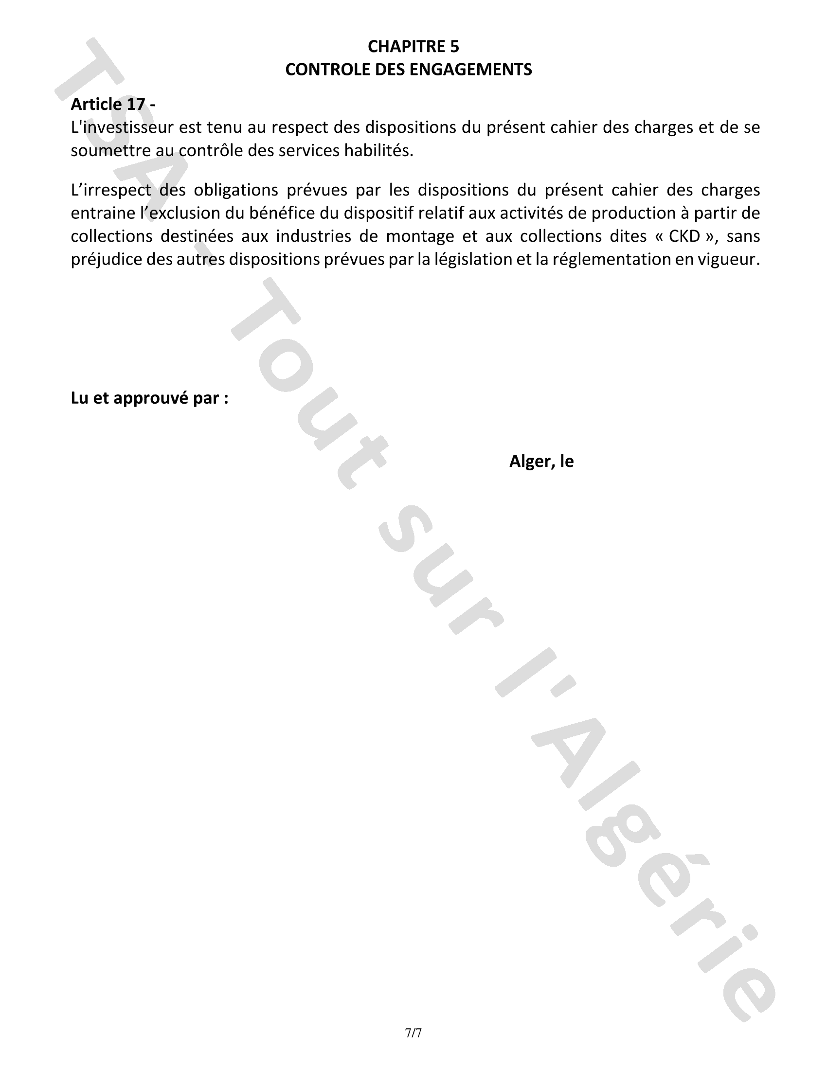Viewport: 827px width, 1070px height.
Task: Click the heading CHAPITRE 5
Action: tap(413, 47)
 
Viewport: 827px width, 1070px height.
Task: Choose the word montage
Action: tap(420, 236)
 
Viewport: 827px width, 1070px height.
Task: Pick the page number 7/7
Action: tap(413, 1033)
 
